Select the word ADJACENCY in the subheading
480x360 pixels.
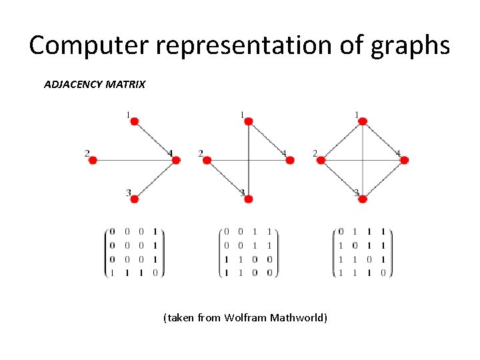pyautogui.click(x=73, y=85)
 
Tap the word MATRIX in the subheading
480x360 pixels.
pyautogui.click(x=125, y=85)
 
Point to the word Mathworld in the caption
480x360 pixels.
pyautogui.click(x=299, y=317)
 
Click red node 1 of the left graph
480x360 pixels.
pyautogui.click(x=134, y=121)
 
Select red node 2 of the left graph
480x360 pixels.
pyautogui.click(x=93, y=160)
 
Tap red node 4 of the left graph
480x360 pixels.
pyautogui.click(x=176, y=160)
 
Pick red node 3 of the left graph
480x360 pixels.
pyautogui.click(x=134, y=199)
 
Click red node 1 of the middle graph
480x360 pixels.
pyautogui.click(x=248, y=121)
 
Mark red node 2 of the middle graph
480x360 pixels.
pyautogui.click(x=207, y=160)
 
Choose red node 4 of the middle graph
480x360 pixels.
pyautogui.click(x=290, y=160)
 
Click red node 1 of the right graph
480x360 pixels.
pyautogui.click(x=362, y=121)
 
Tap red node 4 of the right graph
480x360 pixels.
pyautogui.click(x=404, y=160)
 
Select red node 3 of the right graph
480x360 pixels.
pyautogui.click(x=362, y=199)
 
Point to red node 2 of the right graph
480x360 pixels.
pyautogui.click(x=321, y=160)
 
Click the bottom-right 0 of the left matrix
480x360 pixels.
pyautogui.click(x=155, y=272)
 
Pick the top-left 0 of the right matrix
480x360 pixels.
pyautogui.click(x=341, y=232)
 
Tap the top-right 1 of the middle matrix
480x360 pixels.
pyautogui.click(x=269, y=232)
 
